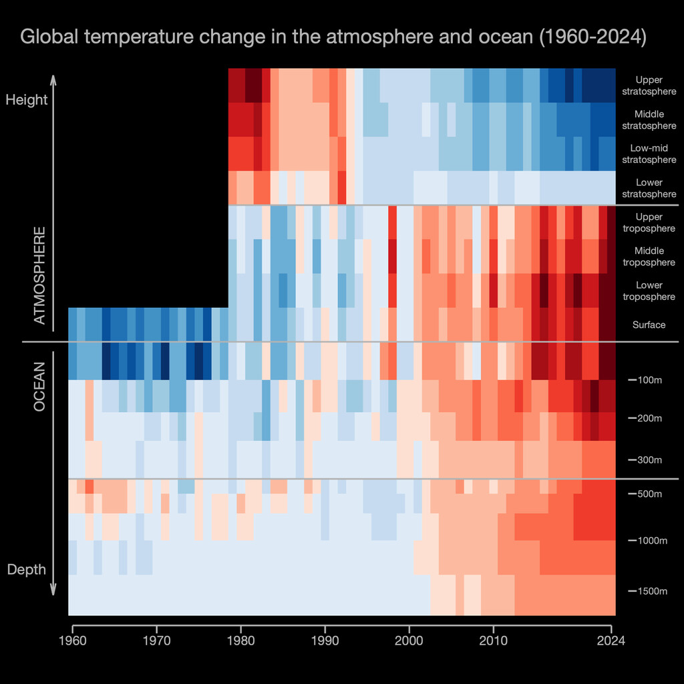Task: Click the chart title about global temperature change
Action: tap(333, 37)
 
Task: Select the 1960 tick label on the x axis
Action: tap(72, 641)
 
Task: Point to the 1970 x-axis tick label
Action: tap(156, 641)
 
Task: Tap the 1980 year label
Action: tap(240, 641)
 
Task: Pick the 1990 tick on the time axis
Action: tap(325, 641)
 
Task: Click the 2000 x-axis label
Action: tap(409, 641)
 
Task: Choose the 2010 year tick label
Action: tap(493, 641)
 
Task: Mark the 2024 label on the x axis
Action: tap(611, 641)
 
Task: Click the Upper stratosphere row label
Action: tap(649, 85)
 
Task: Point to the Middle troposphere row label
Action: tap(649, 256)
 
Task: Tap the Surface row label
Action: tap(649, 325)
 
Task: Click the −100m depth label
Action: tap(646, 380)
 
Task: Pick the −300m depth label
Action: tap(646, 460)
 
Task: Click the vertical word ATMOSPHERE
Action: tap(40, 275)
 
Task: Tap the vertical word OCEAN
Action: tap(40, 386)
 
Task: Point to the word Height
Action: tap(27, 100)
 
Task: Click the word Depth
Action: tap(27, 570)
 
